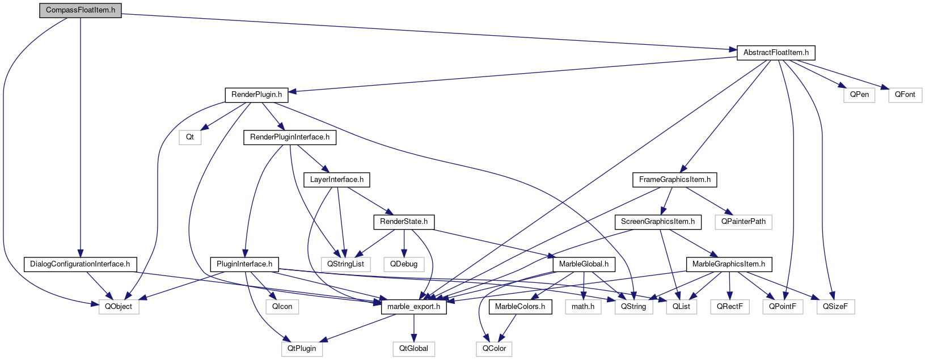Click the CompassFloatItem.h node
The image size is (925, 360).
click(x=81, y=10)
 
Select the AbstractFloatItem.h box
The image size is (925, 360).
click(x=775, y=53)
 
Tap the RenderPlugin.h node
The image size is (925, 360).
click(x=256, y=95)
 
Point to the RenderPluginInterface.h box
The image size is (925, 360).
click(x=289, y=137)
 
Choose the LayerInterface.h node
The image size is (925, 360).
click(x=337, y=180)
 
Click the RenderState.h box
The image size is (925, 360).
click(x=403, y=222)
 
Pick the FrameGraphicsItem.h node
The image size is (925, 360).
click(x=674, y=180)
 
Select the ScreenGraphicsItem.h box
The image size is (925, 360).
click(x=657, y=222)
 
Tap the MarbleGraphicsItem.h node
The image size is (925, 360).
click(x=728, y=264)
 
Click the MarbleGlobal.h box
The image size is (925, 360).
click(x=584, y=264)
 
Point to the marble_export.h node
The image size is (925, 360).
click(x=413, y=307)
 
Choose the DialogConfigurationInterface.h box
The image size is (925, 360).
click(x=80, y=264)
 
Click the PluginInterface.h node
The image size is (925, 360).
click(x=244, y=264)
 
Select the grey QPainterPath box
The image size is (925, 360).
click(x=743, y=222)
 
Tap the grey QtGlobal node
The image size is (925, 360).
click(x=413, y=349)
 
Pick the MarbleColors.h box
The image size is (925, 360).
click(x=519, y=307)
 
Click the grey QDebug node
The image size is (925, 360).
click(x=403, y=264)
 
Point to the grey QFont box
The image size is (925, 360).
click(x=905, y=95)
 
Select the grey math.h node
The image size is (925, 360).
click(x=582, y=307)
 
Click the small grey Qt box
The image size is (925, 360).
click(x=190, y=137)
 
